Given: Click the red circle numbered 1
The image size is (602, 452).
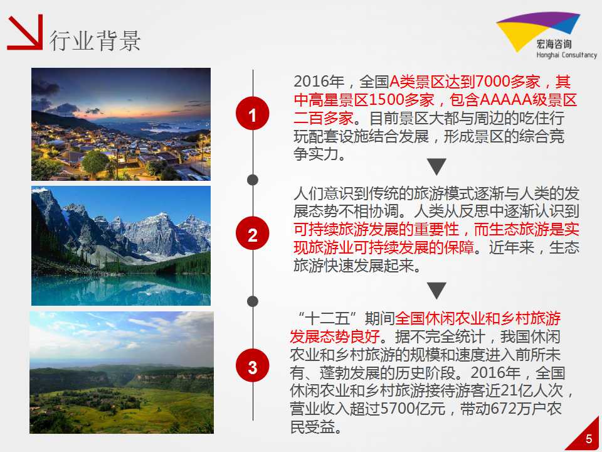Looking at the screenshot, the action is pyautogui.click(x=252, y=114).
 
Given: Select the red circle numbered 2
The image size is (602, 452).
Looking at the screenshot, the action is pyautogui.click(x=252, y=234).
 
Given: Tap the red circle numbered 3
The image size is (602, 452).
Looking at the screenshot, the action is pyautogui.click(x=252, y=365).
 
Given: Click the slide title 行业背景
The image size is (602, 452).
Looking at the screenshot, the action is pyautogui.click(x=95, y=40).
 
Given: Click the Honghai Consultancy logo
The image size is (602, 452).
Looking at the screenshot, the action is pyautogui.click(x=546, y=35).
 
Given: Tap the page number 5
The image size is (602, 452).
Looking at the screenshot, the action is pyautogui.click(x=589, y=439).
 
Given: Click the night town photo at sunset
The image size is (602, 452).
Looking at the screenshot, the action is pyautogui.click(x=121, y=124).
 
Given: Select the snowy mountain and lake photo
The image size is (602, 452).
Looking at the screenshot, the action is pyautogui.click(x=121, y=246).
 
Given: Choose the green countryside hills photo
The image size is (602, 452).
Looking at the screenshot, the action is pyautogui.click(x=122, y=372).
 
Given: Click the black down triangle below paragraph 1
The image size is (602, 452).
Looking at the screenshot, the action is pyautogui.click(x=436, y=166).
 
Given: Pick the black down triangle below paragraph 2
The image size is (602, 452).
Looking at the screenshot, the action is pyautogui.click(x=436, y=291).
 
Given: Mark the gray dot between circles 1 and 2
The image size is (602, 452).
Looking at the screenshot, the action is pyautogui.click(x=253, y=180).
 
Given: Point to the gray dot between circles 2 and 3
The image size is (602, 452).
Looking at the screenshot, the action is pyautogui.click(x=253, y=301).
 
